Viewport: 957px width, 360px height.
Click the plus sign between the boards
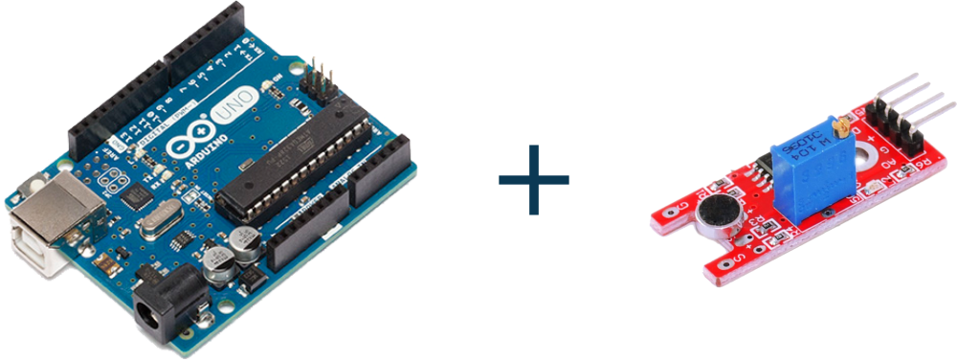tap(534, 179)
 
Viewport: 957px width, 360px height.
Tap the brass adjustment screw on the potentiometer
tap(842, 124)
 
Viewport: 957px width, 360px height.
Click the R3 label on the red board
tap(760, 228)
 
